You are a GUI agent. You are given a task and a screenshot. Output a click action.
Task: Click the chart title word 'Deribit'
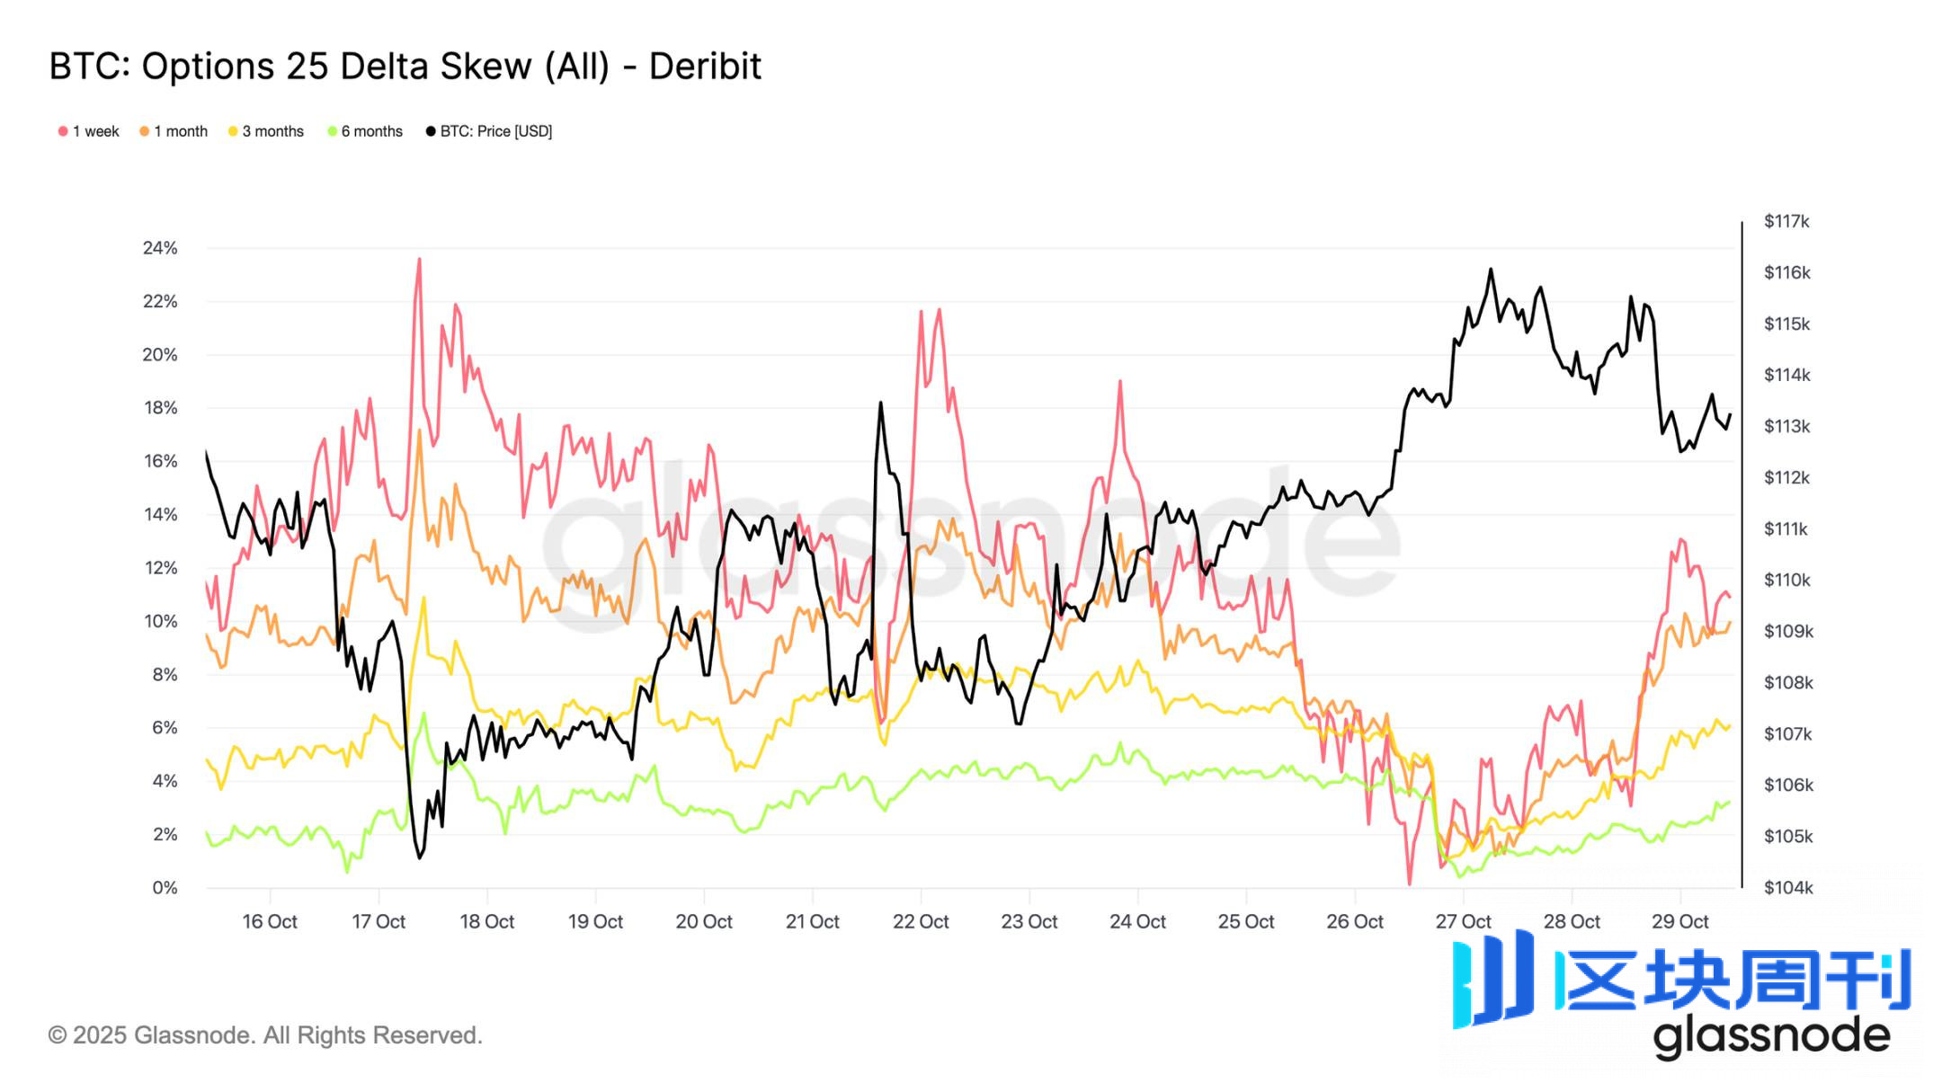[705, 67]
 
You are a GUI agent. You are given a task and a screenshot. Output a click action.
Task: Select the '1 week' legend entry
[89, 131]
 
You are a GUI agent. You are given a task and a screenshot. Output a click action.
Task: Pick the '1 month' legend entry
[174, 131]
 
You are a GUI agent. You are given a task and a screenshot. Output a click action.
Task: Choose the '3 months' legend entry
[266, 131]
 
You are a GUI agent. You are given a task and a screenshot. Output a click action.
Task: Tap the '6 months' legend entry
[365, 131]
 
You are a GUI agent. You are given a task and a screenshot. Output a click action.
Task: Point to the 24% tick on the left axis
[160, 248]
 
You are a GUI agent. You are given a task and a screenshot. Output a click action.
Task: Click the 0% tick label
[165, 888]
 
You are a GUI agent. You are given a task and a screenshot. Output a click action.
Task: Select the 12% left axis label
[160, 568]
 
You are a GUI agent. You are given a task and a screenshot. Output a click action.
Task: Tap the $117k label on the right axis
[1786, 221]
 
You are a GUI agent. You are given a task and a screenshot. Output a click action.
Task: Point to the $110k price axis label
[1787, 580]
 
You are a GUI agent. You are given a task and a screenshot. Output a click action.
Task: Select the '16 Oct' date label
[270, 921]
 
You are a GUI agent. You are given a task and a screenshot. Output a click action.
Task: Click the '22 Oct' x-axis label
[921, 921]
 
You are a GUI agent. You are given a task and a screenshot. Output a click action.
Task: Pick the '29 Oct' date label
[1679, 921]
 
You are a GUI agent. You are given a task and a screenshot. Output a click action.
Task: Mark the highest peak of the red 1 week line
[419, 260]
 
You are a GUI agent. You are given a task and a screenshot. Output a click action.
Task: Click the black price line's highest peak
[1491, 270]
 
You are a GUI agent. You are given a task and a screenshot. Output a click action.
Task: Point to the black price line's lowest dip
[419, 857]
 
